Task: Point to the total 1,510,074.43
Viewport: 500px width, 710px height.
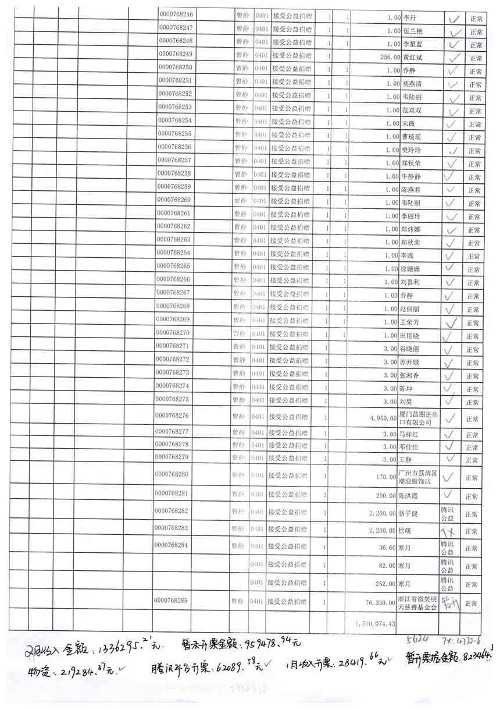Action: coord(374,623)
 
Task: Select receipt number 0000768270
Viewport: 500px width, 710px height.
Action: coord(174,333)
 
